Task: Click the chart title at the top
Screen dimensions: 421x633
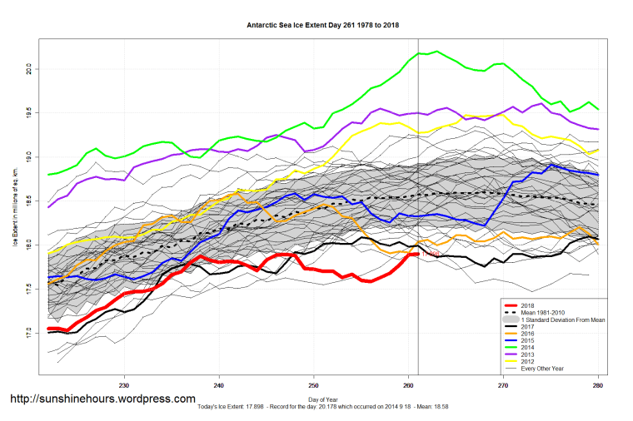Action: click(323, 25)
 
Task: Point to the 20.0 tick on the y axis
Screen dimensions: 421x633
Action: click(27, 67)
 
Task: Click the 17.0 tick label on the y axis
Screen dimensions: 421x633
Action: click(27, 333)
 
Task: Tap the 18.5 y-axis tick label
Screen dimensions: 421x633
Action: click(27, 201)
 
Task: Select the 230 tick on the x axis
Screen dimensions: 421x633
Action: click(124, 385)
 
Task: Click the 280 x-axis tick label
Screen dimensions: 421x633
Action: click(598, 385)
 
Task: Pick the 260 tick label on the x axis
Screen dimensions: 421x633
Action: click(408, 385)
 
